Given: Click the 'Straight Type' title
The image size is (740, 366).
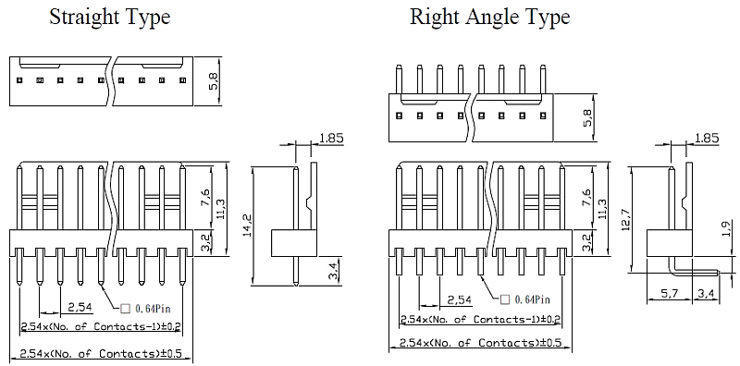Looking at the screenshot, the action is [109, 17].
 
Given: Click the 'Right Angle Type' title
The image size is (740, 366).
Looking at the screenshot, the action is [490, 17].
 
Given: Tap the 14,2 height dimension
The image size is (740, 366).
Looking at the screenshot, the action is [247, 226].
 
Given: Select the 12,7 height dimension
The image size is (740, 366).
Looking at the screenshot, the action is [626, 219].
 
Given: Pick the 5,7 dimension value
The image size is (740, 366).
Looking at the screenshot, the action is [667, 294].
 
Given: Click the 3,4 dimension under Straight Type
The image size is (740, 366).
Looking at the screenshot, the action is [332, 271].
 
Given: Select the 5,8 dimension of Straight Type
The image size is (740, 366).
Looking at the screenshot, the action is [214, 80].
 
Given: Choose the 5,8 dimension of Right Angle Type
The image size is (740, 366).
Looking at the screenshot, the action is [587, 117].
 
